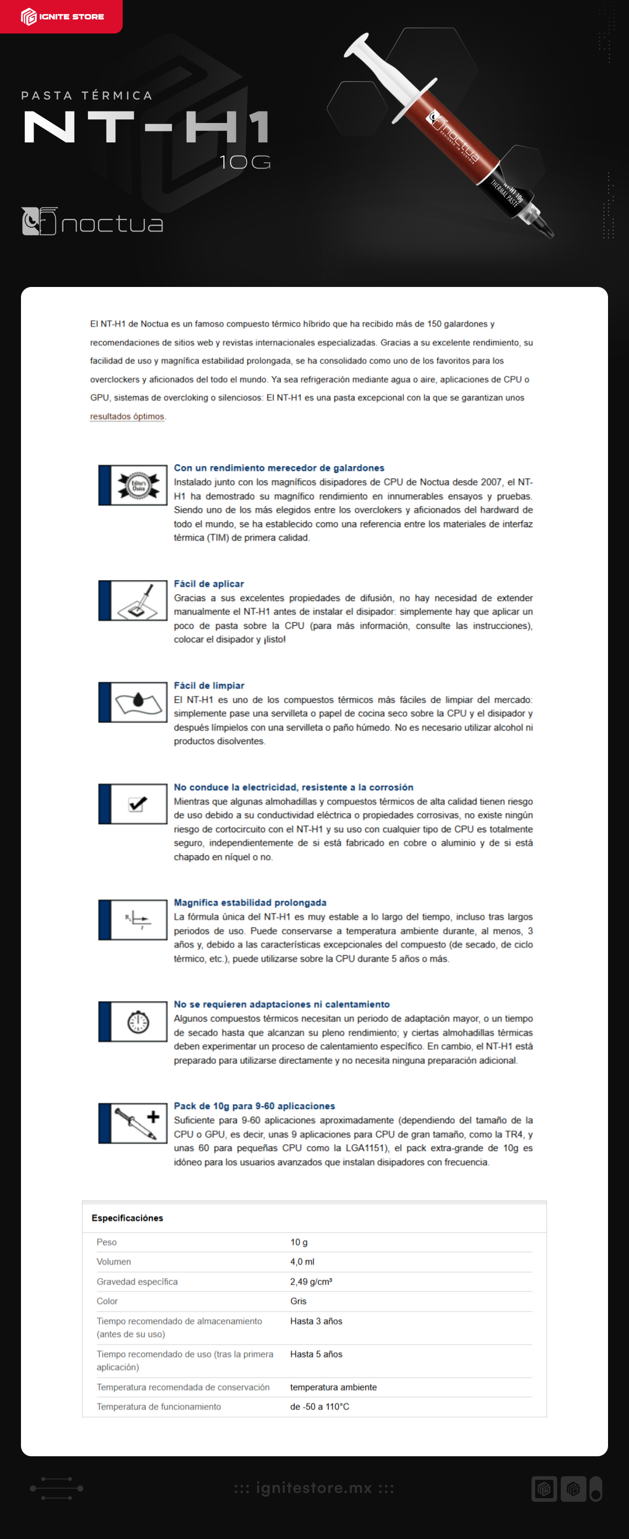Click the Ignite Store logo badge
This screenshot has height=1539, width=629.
pyautogui.click(x=61, y=16)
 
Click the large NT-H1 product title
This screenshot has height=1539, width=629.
pyautogui.click(x=146, y=127)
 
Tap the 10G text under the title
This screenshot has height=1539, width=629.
pyautogui.click(x=245, y=162)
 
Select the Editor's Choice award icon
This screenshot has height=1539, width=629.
pyautogui.click(x=138, y=485)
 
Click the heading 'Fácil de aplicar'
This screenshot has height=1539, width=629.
pyautogui.click(x=209, y=584)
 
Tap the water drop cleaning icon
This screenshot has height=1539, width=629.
pyautogui.click(x=138, y=702)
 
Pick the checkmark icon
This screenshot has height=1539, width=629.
pyautogui.click(x=138, y=804)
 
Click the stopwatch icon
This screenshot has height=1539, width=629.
pyautogui.click(x=138, y=1022)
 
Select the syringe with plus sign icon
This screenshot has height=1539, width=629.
pyautogui.click(x=138, y=1123)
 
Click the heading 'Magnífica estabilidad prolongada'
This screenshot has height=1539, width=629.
pyautogui.click(x=250, y=902)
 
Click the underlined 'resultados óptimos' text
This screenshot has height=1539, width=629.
pyautogui.click(x=127, y=416)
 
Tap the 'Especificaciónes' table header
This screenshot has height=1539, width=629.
pyautogui.click(x=127, y=1217)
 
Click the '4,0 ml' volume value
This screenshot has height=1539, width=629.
pyautogui.click(x=302, y=1261)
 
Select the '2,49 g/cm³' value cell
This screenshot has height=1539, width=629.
pyautogui.click(x=311, y=1281)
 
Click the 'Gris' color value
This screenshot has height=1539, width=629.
pyautogui.click(x=298, y=1301)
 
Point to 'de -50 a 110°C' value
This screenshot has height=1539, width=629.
pyautogui.click(x=319, y=1407)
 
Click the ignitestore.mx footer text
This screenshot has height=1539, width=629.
pyautogui.click(x=314, y=1488)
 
